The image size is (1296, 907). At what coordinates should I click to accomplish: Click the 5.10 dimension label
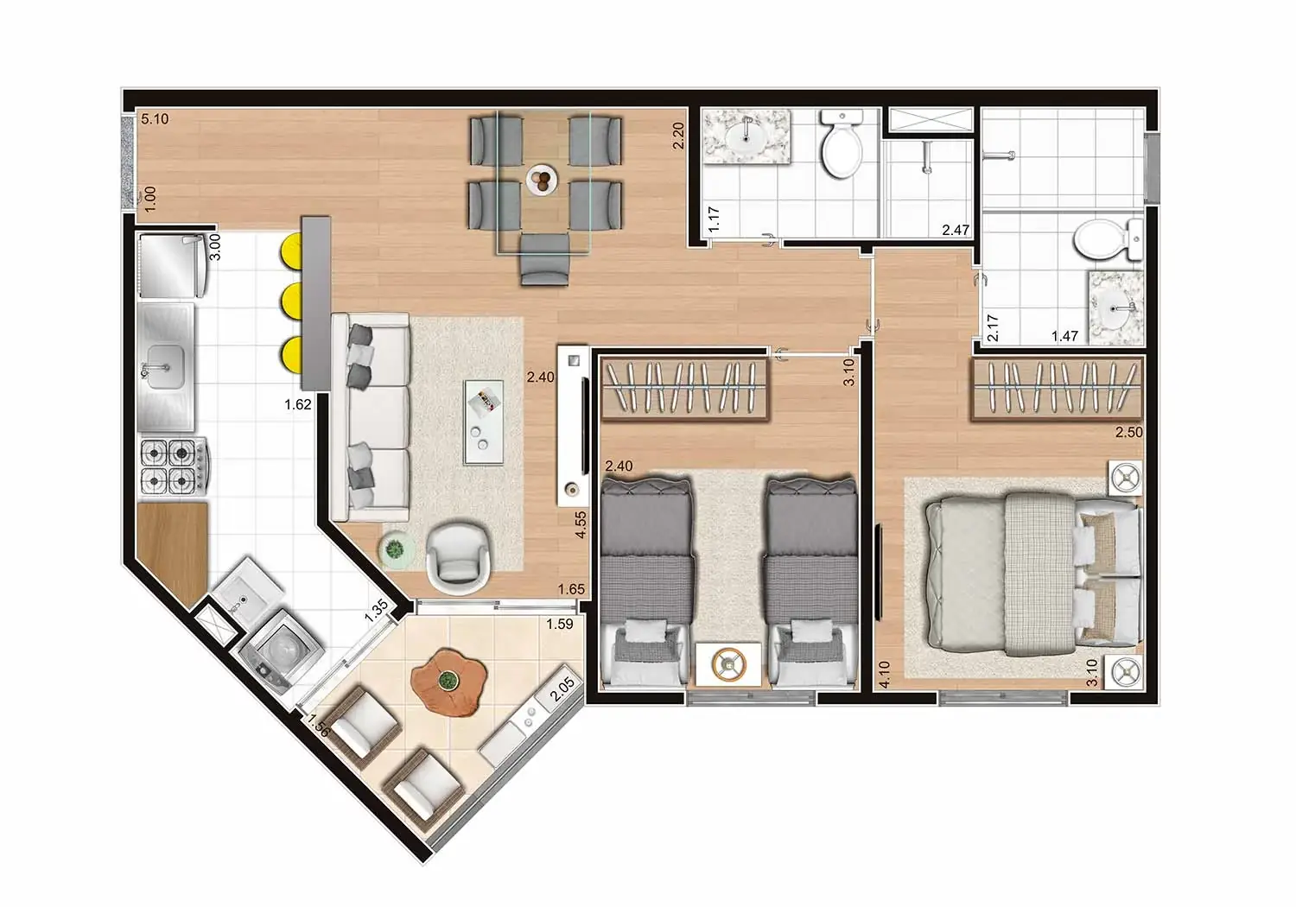[155, 119]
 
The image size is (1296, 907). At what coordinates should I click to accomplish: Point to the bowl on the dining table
[542, 180]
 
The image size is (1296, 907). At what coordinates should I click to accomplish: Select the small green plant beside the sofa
[395, 548]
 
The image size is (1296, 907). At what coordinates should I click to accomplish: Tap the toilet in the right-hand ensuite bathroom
[1109, 238]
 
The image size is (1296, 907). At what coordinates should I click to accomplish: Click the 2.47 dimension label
[956, 230]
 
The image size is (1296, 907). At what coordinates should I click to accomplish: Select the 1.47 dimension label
[1064, 336]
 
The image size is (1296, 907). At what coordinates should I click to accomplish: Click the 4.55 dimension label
[581, 525]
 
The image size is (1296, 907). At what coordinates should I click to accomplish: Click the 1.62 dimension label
[297, 403]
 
